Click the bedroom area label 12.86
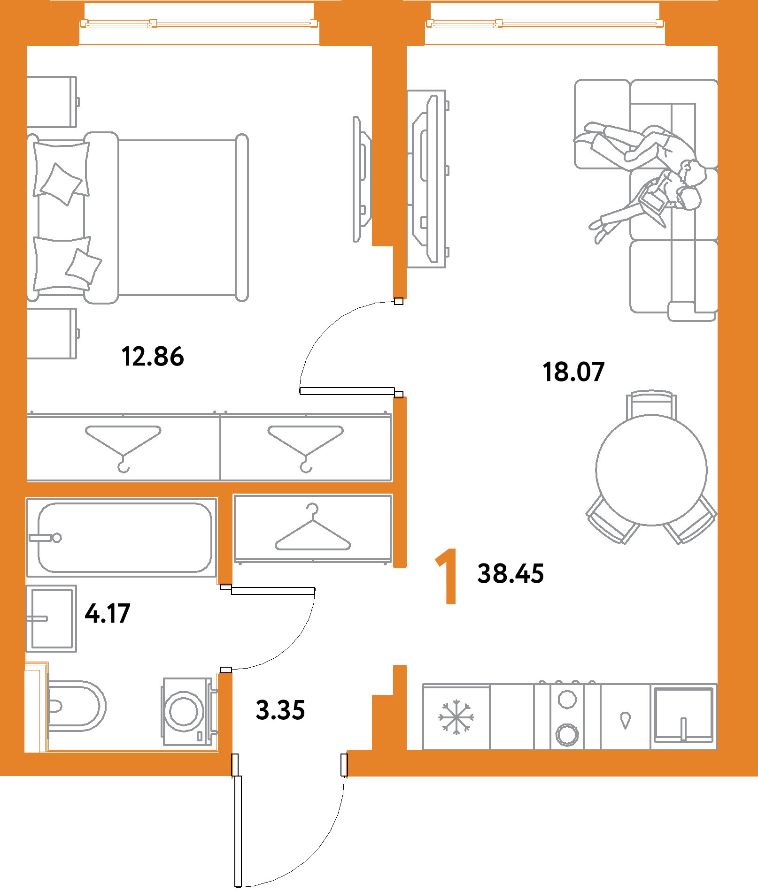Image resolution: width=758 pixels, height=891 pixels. pyautogui.click(x=152, y=356)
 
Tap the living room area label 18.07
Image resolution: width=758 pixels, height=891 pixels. pyautogui.click(x=573, y=372)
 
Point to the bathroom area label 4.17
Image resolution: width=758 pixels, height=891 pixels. pyautogui.click(x=107, y=614)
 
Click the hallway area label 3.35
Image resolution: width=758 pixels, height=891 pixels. pyautogui.click(x=280, y=710)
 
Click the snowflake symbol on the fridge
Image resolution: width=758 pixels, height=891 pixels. pyautogui.click(x=456, y=717)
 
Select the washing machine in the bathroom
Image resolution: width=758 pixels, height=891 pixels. pyautogui.click(x=184, y=711)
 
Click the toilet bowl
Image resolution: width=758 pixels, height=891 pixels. pyautogui.click(x=75, y=706)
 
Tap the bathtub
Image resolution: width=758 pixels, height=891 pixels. pyautogui.click(x=124, y=537)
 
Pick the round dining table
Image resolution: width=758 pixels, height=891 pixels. pyautogui.click(x=651, y=470)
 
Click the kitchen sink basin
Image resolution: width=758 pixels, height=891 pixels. pyautogui.click(x=683, y=713)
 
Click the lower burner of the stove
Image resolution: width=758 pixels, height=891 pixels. pyautogui.click(x=567, y=734)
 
